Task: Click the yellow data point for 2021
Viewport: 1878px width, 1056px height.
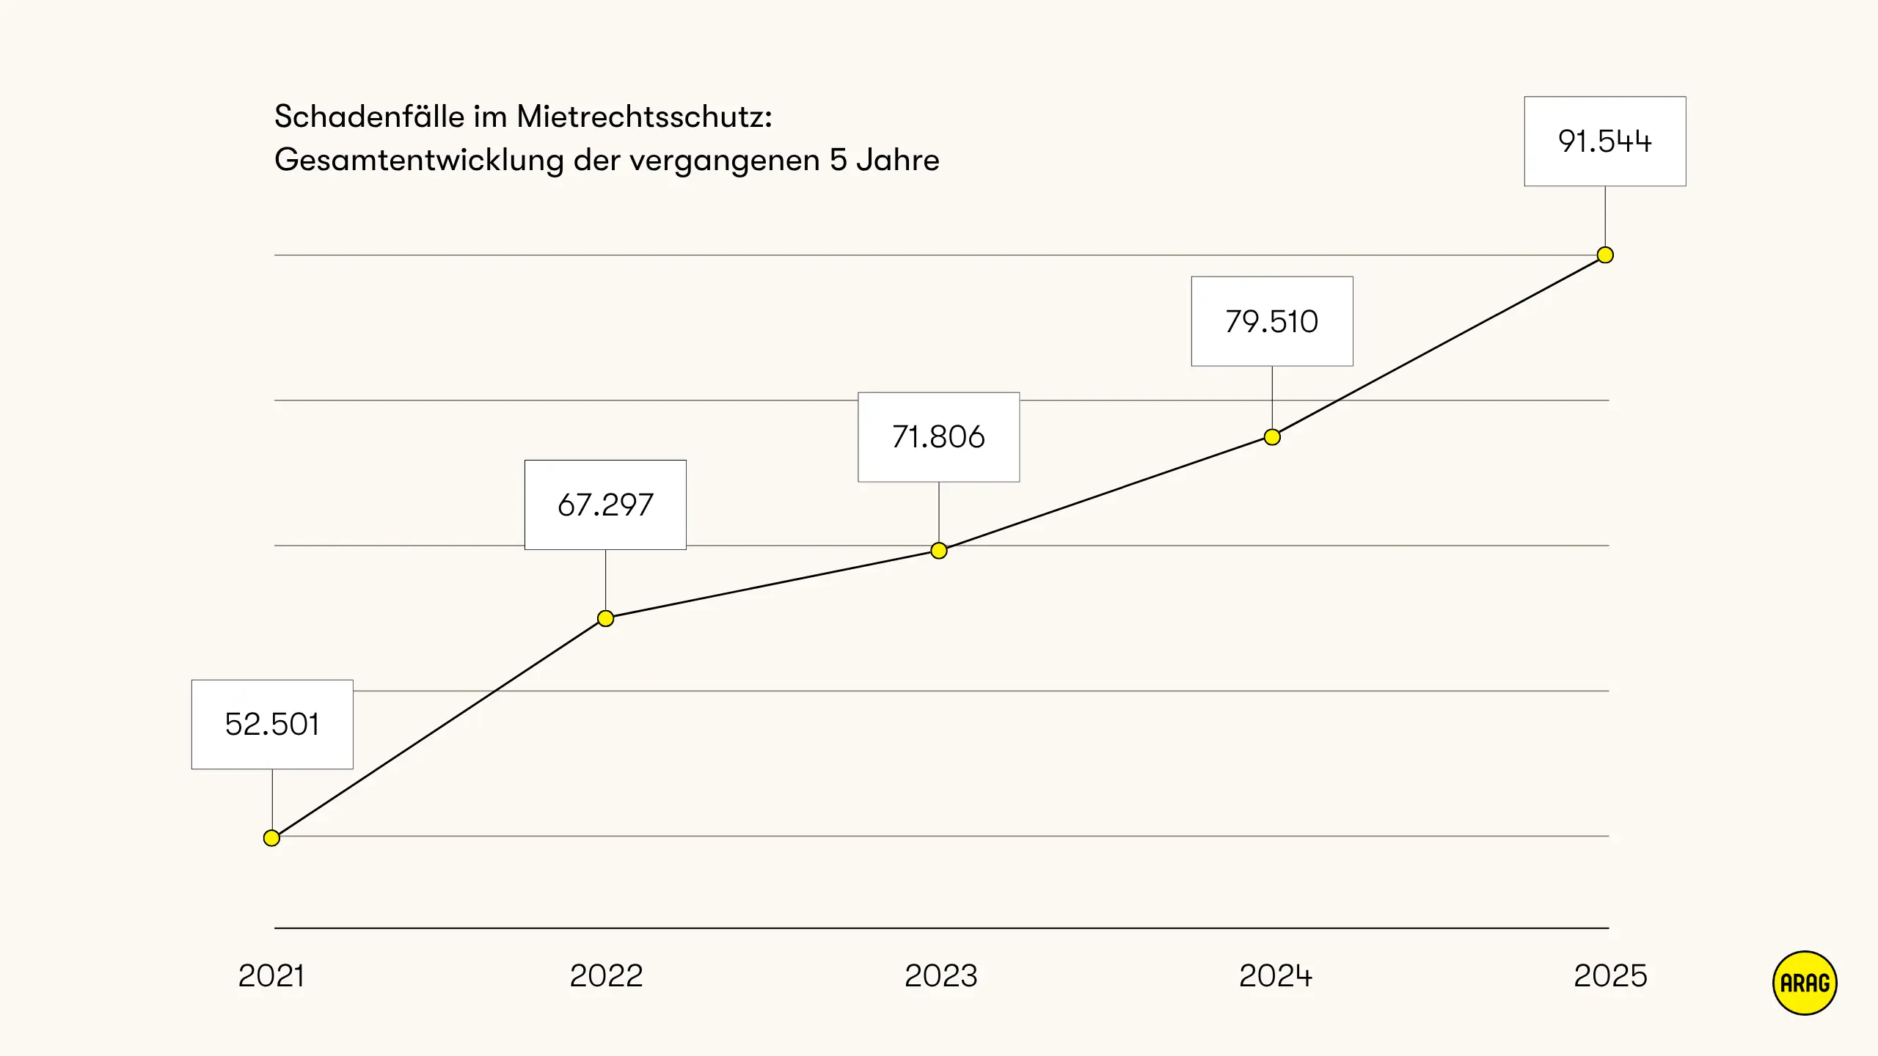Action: click(x=271, y=837)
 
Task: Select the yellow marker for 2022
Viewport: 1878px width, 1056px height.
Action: click(x=605, y=618)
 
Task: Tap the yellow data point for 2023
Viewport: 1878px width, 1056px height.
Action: click(x=938, y=550)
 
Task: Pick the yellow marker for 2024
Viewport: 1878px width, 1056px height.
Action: click(x=1272, y=437)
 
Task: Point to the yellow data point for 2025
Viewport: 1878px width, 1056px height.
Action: click(x=1605, y=255)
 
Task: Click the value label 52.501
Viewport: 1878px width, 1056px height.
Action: click(x=272, y=725)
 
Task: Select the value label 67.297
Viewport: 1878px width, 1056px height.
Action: click(x=605, y=505)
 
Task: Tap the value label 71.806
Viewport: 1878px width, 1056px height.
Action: click(x=938, y=437)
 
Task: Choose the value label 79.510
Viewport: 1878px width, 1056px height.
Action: click(x=1272, y=321)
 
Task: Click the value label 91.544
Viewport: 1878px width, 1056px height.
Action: click(x=1605, y=142)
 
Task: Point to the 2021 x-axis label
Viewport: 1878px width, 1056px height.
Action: click(x=271, y=976)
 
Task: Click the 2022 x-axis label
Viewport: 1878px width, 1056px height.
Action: click(x=606, y=976)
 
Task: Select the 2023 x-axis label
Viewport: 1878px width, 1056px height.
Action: click(x=940, y=976)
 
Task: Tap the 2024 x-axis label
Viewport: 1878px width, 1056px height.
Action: click(x=1275, y=976)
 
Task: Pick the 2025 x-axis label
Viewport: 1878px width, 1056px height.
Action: click(x=1610, y=976)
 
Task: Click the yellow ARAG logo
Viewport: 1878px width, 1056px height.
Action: click(x=1805, y=983)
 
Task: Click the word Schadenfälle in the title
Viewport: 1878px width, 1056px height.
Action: click(x=369, y=117)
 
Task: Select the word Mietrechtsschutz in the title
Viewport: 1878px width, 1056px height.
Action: click(x=643, y=117)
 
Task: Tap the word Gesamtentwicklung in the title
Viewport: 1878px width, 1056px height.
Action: click(x=419, y=160)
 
